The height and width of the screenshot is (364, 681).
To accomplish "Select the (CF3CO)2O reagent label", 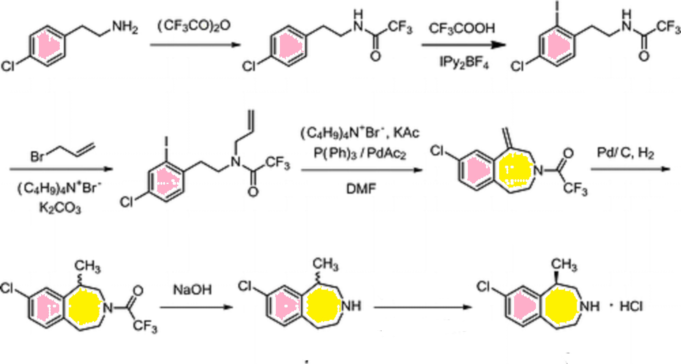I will click(x=194, y=26).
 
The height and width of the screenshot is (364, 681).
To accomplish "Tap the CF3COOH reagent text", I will click(x=462, y=28).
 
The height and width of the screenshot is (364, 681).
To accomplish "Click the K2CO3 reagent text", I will click(x=60, y=208).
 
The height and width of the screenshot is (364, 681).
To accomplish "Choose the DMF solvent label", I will click(x=361, y=188).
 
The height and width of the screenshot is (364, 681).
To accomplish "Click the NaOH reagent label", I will click(x=192, y=290).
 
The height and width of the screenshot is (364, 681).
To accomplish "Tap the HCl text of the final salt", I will click(x=631, y=306).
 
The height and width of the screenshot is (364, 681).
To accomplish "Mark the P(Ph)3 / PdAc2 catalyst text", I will click(x=360, y=153).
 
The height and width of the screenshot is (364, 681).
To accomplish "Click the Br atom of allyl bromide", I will click(x=37, y=156).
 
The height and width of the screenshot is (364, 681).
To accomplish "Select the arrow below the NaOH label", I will click(x=196, y=307).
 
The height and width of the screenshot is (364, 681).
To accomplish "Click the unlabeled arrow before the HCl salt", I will click(x=423, y=307).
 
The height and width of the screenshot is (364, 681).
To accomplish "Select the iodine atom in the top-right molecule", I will click(x=557, y=7).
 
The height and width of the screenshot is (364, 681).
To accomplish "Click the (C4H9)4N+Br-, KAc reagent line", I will click(x=360, y=133).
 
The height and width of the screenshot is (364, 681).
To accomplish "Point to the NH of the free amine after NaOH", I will click(x=351, y=306).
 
